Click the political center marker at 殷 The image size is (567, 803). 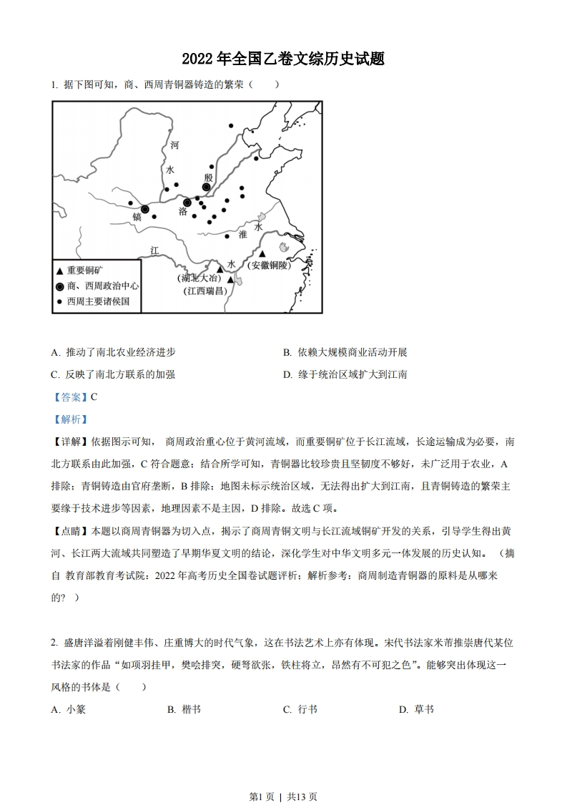click(x=206, y=187)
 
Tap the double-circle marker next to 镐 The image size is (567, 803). click(x=145, y=209)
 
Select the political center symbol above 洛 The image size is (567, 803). click(x=187, y=203)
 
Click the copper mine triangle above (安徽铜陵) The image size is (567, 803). click(x=263, y=254)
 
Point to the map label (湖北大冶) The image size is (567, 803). click(x=198, y=278)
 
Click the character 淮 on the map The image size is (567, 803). click(x=242, y=234)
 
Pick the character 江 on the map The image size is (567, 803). click(x=154, y=250)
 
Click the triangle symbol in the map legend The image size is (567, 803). click(x=59, y=271)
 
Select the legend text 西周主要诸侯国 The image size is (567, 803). click(x=99, y=302)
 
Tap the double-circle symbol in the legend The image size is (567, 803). click(x=59, y=286)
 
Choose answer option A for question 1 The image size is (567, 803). click(x=114, y=352)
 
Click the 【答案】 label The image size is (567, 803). click(x=69, y=396)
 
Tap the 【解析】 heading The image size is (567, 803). click(x=69, y=419)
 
